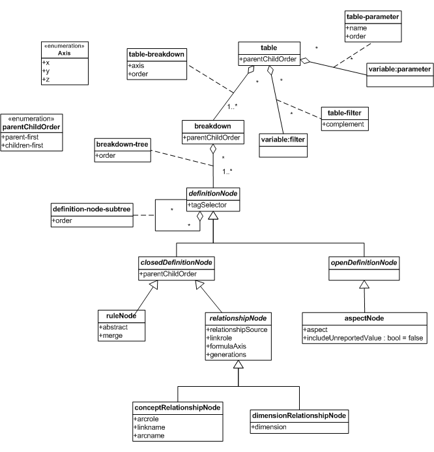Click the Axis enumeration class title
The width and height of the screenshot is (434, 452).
[65, 53]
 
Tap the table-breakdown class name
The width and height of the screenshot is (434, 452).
[154, 54]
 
